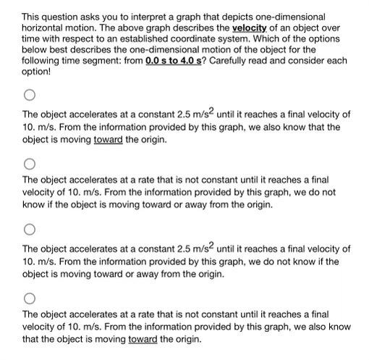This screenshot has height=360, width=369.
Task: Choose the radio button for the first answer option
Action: (x=29, y=95)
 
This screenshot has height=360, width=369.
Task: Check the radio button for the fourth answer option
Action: (x=29, y=297)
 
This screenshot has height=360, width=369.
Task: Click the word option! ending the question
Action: (x=37, y=72)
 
